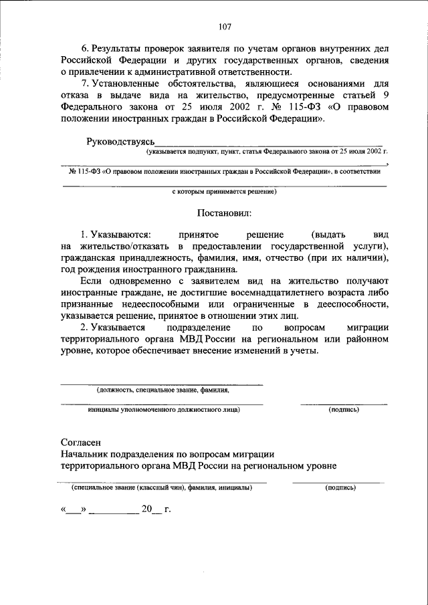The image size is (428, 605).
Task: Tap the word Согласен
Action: [81, 443]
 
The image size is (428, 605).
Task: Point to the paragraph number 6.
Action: [84, 50]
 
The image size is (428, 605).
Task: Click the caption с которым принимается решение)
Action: [224, 191]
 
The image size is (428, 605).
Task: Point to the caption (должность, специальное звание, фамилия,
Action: [163, 390]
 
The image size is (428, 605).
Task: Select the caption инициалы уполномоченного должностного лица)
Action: [164, 409]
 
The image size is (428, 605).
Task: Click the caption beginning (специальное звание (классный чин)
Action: [163, 488]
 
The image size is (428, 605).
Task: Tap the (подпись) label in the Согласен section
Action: [340, 488]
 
